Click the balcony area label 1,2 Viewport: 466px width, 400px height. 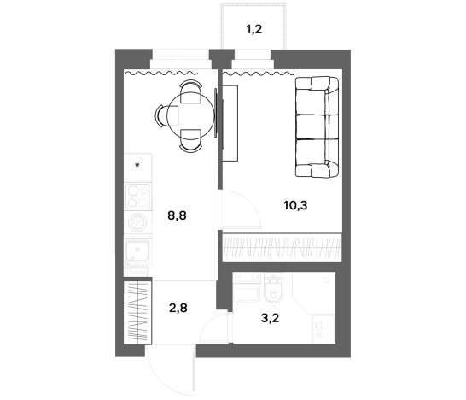pos(254,30)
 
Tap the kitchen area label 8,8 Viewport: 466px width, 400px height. pos(178,215)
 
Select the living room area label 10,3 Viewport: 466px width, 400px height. pos(295,205)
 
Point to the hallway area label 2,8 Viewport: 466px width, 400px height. pos(178,308)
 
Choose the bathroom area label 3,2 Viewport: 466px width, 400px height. pos(271,318)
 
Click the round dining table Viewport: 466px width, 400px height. pos(191,115)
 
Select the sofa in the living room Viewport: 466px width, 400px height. pos(317,127)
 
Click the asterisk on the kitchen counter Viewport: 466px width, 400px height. pos(137,165)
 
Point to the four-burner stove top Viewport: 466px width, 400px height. pos(137,197)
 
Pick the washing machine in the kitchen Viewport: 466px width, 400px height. pos(137,222)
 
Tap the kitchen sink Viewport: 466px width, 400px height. pos(137,253)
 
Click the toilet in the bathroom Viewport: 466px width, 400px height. pos(272,288)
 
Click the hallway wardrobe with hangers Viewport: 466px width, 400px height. pos(137,313)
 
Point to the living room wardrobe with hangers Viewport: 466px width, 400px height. pos(282,248)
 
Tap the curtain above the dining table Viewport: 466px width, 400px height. pos(161,73)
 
